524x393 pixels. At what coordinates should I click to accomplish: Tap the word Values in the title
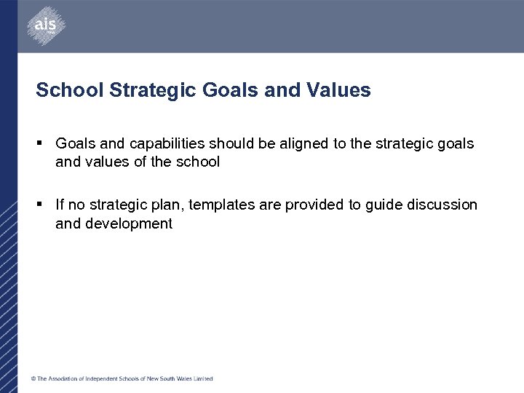339,90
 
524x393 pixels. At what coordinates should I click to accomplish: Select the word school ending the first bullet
198,162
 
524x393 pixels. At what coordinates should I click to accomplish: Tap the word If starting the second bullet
60,205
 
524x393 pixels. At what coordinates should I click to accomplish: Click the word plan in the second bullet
169,205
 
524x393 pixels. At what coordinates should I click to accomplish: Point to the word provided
314,205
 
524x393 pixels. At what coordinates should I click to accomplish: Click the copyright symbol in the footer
33,378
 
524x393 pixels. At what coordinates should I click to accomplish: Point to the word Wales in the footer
182,378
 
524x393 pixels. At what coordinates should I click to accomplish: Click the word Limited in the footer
203,378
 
